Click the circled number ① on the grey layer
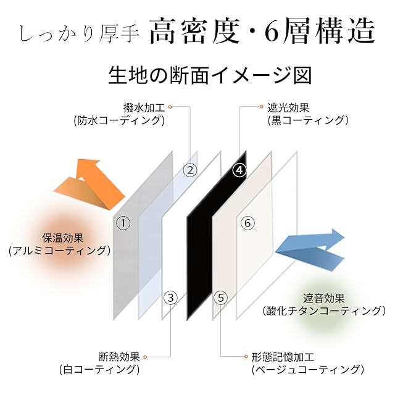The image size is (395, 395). pos(123,223)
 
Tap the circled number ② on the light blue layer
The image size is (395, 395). pos(190,169)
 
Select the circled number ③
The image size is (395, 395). pos(171,297)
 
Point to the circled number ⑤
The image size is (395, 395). pos(221,297)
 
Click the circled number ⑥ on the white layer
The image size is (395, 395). pos(247,223)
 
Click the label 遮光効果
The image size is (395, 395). pos(288,107)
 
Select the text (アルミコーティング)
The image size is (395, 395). pos(60,251)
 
